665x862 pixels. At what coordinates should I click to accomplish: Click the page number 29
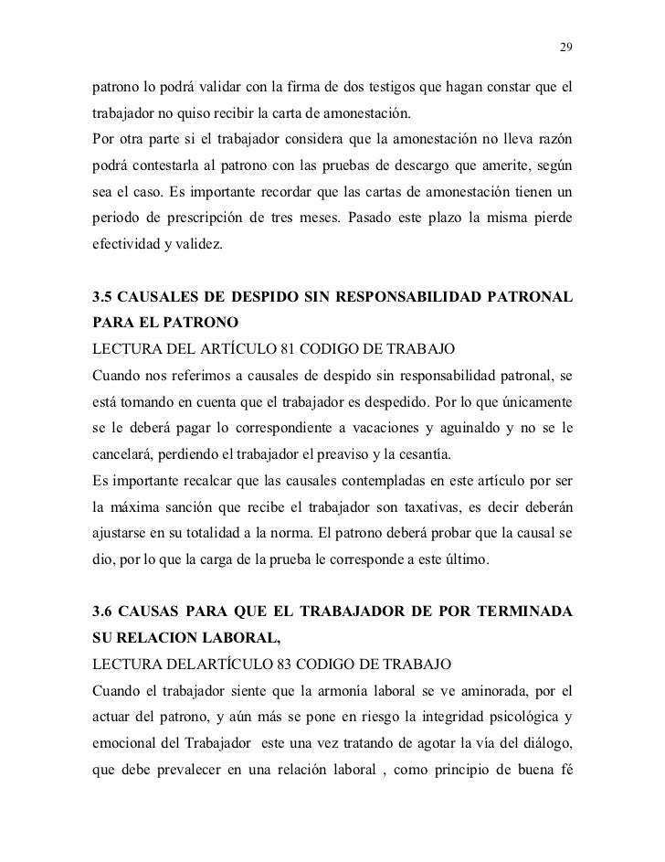click(x=565, y=48)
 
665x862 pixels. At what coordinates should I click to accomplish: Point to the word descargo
click(x=399, y=171)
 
